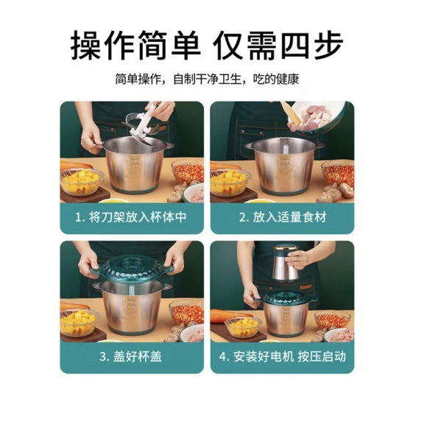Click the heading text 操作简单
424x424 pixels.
[x=135, y=45]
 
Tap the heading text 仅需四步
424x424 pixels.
[x=278, y=45]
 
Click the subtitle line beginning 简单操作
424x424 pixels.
[x=207, y=79]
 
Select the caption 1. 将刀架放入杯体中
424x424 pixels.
[x=131, y=217]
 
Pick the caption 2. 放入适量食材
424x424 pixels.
[x=283, y=217]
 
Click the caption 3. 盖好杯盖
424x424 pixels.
[x=131, y=356]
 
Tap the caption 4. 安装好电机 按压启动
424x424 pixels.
[x=283, y=356]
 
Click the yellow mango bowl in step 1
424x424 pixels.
[x=81, y=181]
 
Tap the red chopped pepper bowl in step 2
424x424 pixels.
[x=338, y=174]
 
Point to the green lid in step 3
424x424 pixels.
[x=132, y=268]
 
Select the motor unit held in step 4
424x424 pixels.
[x=287, y=263]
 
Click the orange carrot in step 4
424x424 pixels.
[x=230, y=316]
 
